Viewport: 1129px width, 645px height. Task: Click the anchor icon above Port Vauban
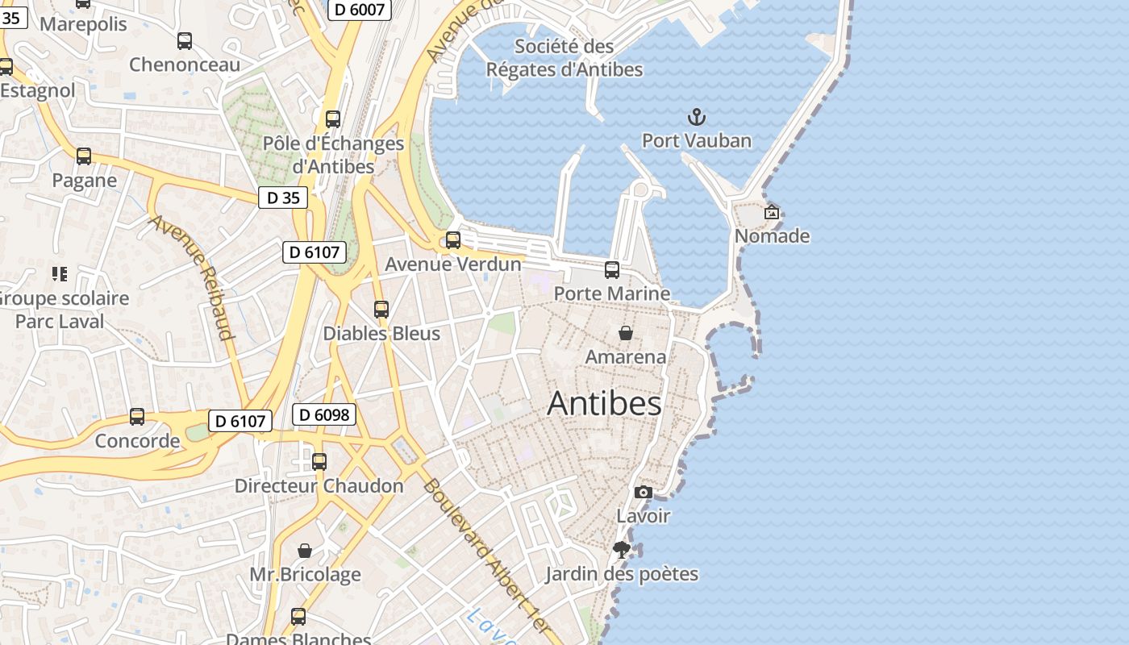pyautogui.click(x=696, y=118)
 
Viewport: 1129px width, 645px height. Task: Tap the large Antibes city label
pyautogui.click(x=604, y=403)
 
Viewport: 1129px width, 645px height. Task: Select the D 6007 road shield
pyautogui.click(x=360, y=9)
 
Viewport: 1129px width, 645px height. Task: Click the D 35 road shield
pyautogui.click(x=283, y=198)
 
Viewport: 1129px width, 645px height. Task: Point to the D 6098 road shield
pyautogui.click(x=323, y=414)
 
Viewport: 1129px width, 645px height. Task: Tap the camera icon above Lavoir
pyautogui.click(x=643, y=492)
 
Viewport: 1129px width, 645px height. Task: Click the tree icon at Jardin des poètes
pyautogui.click(x=621, y=550)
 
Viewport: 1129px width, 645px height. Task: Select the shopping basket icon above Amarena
pyautogui.click(x=625, y=332)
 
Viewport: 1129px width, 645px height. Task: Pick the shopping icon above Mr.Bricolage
pyautogui.click(x=305, y=551)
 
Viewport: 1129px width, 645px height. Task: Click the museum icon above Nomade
pyautogui.click(x=772, y=212)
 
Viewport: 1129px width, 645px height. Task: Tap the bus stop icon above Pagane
pyautogui.click(x=84, y=156)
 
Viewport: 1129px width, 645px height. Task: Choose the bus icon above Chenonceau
pyautogui.click(x=185, y=40)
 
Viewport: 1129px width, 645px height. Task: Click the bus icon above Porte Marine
pyautogui.click(x=612, y=269)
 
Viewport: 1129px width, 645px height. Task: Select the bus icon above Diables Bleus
pyautogui.click(x=381, y=309)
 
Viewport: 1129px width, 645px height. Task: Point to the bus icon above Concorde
pyautogui.click(x=137, y=417)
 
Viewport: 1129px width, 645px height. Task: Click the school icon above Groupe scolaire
pyautogui.click(x=59, y=274)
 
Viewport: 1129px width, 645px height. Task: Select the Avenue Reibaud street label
pyautogui.click(x=192, y=277)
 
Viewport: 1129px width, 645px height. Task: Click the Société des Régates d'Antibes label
pyautogui.click(x=564, y=58)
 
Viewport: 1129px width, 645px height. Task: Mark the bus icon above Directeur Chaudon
pyautogui.click(x=319, y=461)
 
